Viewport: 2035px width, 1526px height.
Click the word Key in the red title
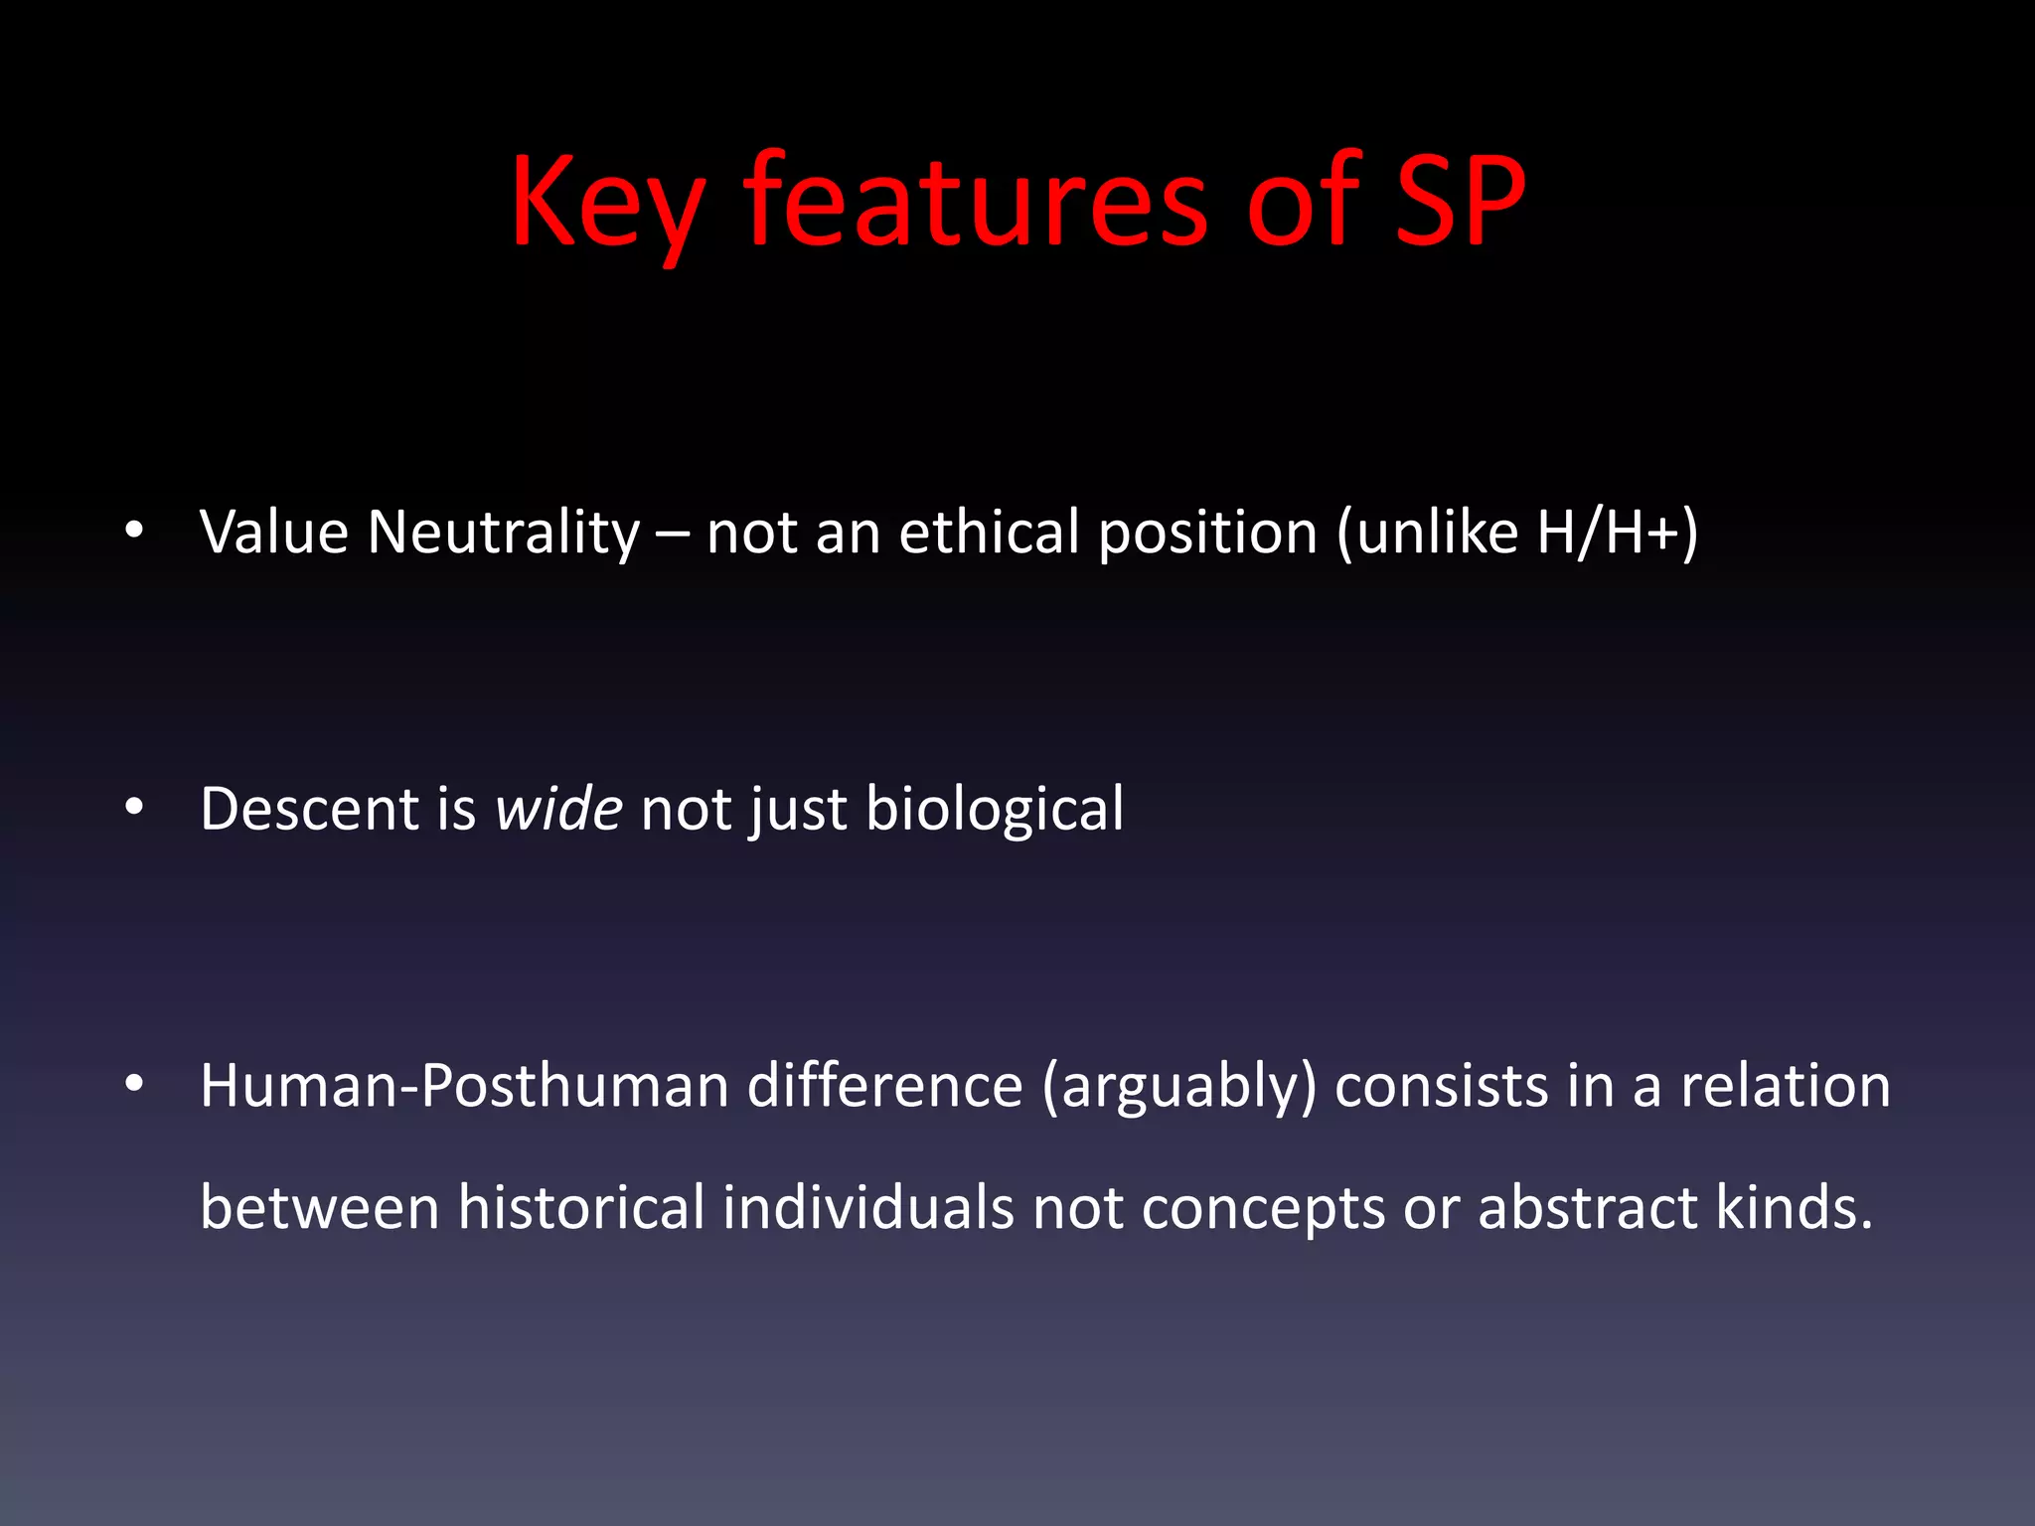607,204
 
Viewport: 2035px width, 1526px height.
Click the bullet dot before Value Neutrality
135,530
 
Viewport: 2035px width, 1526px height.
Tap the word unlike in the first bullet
1437,532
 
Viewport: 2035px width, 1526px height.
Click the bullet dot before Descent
135,807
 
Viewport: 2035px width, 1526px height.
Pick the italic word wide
559,808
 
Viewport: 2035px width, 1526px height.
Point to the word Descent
309,808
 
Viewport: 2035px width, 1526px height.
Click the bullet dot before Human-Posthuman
135,1084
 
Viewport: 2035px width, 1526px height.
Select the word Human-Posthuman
465,1085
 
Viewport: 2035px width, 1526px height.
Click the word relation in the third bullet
1786,1085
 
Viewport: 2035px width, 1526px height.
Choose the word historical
580,1207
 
